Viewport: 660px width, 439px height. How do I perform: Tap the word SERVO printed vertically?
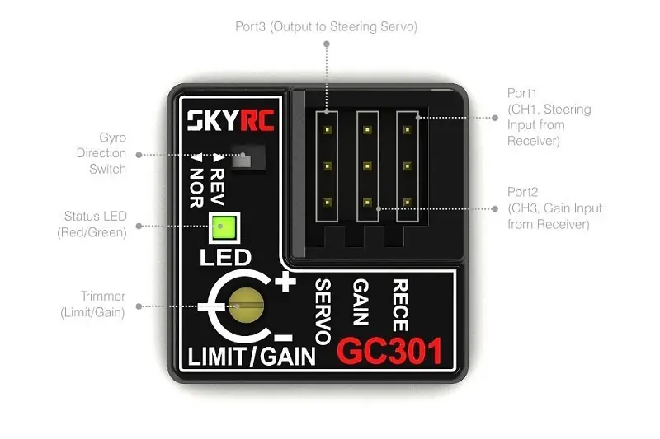click(x=323, y=311)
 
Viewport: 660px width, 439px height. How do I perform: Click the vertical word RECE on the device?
click(x=400, y=305)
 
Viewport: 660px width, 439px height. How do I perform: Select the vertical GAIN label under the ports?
click(x=361, y=303)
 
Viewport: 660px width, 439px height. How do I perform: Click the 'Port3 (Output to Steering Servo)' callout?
click(x=326, y=27)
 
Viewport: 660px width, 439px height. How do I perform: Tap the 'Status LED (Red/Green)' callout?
click(x=95, y=224)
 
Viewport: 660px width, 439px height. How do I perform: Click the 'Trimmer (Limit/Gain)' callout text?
click(x=92, y=305)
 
